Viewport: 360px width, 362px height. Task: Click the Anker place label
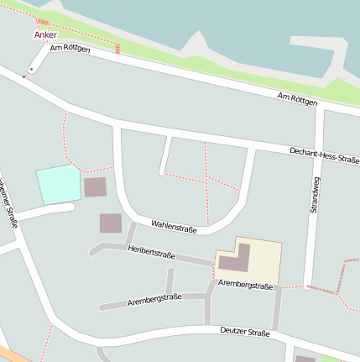pos(45,35)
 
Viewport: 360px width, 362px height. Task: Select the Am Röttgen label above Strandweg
pos(298,99)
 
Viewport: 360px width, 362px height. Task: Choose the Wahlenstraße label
pos(174,226)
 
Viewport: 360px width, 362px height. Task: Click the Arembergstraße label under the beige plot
pos(245,286)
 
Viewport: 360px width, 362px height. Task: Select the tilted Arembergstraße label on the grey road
pos(154,299)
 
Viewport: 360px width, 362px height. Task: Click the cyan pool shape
pos(57,184)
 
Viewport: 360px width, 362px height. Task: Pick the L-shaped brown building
pos(236,259)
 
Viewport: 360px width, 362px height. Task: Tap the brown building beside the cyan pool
pos(95,187)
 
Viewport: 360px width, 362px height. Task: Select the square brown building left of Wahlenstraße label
pos(110,223)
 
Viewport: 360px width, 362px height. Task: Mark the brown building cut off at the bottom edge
pos(305,359)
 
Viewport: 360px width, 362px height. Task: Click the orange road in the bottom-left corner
pos(10,354)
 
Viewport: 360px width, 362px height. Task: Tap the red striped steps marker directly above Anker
pos(43,22)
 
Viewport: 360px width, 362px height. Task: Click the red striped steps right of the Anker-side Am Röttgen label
pos(117,48)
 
